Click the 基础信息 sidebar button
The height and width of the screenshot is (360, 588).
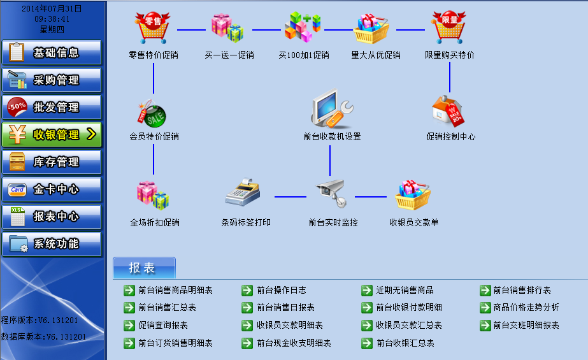click(x=52, y=53)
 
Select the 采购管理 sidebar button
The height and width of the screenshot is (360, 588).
click(x=52, y=80)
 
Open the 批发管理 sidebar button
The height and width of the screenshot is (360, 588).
click(x=52, y=108)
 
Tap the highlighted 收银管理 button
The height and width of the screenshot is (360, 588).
click(x=52, y=134)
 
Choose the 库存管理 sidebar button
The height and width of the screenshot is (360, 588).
click(x=52, y=162)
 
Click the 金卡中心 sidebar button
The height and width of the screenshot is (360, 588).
click(x=52, y=189)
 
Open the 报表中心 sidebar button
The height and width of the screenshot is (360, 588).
click(x=52, y=217)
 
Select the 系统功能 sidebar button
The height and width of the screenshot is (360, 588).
click(x=52, y=244)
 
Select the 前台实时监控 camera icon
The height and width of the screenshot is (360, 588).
click(x=331, y=193)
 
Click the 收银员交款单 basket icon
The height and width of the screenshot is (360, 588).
click(x=413, y=195)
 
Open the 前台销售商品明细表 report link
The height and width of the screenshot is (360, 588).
click(x=175, y=291)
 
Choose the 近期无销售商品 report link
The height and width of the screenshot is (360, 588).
click(x=405, y=291)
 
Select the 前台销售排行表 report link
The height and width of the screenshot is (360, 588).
click(x=522, y=291)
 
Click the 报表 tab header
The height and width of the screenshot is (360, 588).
click(x=143, y=268)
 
